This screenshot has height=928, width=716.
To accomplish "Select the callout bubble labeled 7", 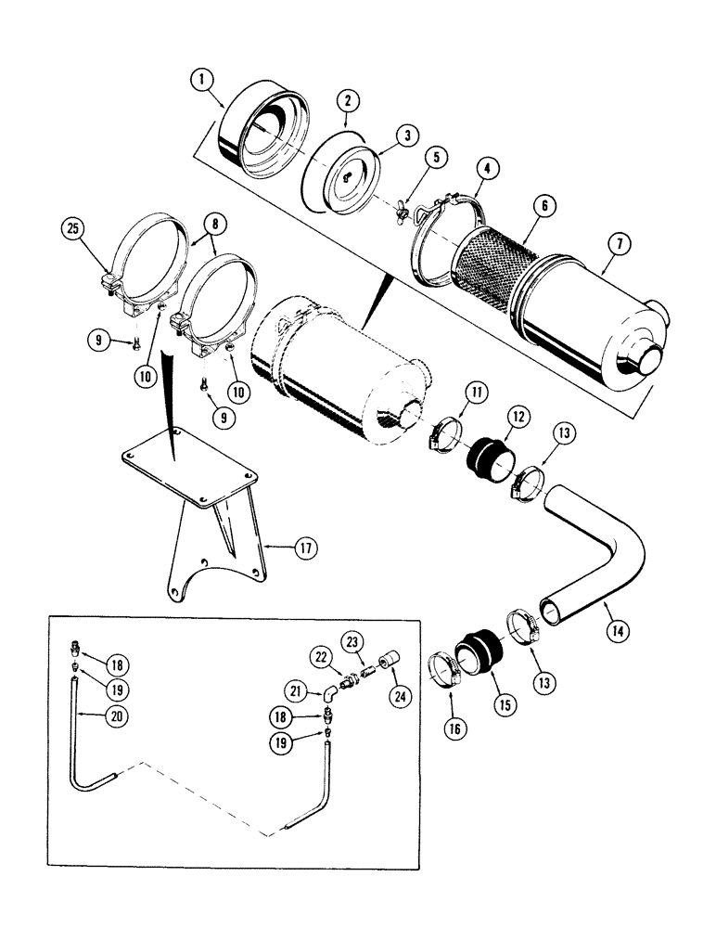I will (x=617, y=245).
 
